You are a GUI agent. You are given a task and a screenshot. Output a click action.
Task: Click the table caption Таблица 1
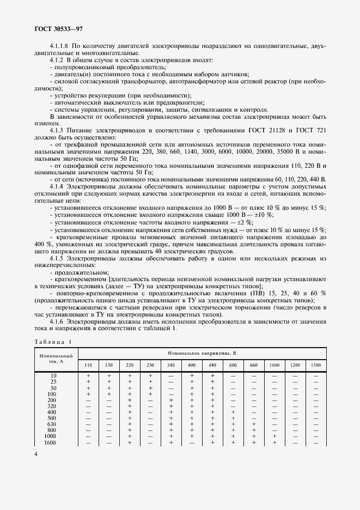click(x=53, y=342)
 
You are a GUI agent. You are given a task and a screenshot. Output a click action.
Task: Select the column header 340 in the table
click(x=170, y=364)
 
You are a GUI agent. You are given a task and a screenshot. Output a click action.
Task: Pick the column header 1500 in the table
click(x=316, y=364)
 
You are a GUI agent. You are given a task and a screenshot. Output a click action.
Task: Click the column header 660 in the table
click(x=254, y=364)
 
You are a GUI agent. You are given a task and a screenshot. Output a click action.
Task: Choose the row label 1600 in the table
click(x=51, y=442)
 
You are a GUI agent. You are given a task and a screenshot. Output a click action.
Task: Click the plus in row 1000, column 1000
click(x=274, y=436)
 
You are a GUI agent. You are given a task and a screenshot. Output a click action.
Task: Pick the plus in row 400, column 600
click(x=233, y=412)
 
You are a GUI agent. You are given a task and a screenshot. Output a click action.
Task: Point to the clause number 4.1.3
click(x=57, y=131)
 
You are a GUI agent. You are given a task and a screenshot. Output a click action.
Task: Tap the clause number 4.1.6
click(x=57, y=322)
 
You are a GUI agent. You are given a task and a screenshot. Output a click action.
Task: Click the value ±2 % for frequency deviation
click(x=246, y=222)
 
